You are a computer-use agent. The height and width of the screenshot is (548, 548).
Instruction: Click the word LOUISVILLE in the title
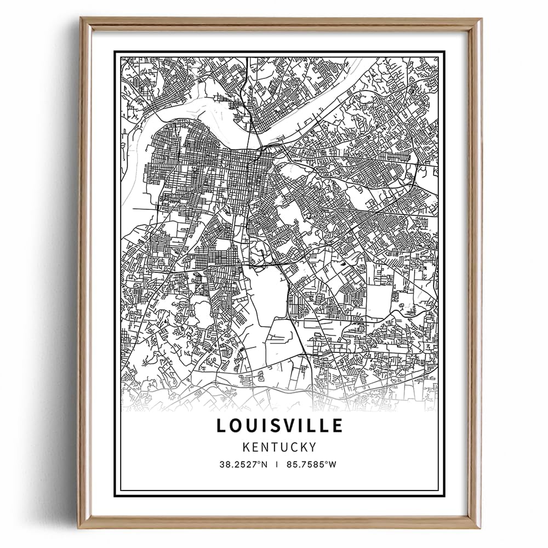pos(279,425)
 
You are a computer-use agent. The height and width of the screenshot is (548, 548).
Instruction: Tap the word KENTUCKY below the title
pos(279,447)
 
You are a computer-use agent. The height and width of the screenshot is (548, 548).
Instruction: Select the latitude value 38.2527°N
pos(243,464)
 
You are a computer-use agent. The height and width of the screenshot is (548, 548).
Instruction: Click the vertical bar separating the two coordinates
pos(278,464)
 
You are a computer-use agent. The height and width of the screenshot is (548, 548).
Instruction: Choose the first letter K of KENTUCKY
pos(246,447)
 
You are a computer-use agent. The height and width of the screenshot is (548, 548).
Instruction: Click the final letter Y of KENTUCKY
pos(313,447)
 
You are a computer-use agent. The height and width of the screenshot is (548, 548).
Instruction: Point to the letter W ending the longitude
pos(333,464)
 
